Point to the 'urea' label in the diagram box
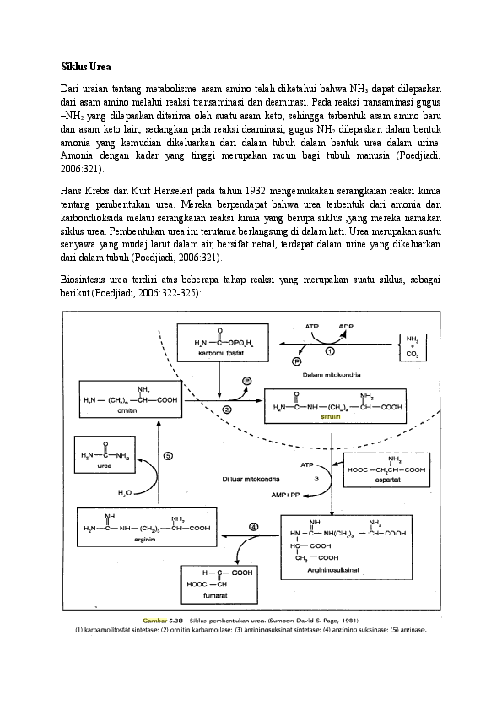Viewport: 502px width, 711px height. [x=104, y=464]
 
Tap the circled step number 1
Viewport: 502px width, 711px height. [x=330, y=350]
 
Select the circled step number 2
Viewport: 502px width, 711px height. [x=227, y=409]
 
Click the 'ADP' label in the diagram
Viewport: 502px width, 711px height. [x=346, y=324]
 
